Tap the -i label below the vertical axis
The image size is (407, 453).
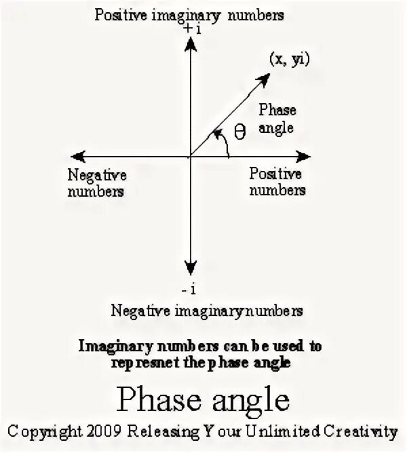[189, 289]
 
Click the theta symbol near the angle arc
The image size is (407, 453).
[239, 132]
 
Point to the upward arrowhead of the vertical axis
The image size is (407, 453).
[191, 43]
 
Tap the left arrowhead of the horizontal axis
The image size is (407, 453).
[76, 156]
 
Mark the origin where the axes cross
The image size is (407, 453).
[191, 156]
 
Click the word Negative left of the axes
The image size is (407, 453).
[97, 175]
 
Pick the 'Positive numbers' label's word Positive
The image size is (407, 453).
[275, 174]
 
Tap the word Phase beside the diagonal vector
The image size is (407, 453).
[277, 111]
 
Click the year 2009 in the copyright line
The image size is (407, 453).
[105, 431]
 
